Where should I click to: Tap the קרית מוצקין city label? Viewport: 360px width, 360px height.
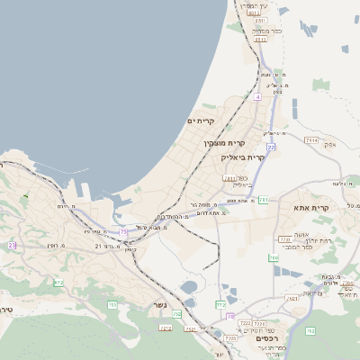click(x=224, y=143)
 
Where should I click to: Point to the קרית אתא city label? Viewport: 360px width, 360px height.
click(x=311, y=208)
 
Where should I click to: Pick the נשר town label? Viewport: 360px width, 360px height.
click(x=158, y=304)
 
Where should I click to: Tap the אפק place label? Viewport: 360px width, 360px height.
click(x=329, y=144)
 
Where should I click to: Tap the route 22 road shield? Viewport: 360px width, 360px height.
click(x=270, y=146)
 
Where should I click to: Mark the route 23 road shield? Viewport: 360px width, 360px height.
click(x=12, y=245)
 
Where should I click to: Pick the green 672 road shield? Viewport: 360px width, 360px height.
click(x=58, y=283)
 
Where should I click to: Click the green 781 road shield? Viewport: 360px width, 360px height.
click(x=263, y=200)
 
